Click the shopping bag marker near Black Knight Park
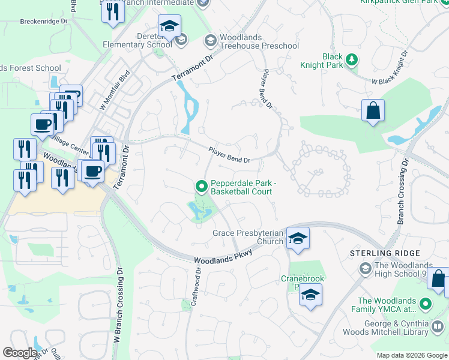[373, 111]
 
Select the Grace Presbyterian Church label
[247, 237]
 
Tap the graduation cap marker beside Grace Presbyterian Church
[297, 239]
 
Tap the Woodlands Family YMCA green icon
[426, 305]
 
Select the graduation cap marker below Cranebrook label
[310, 295]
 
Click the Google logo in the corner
[19, 353]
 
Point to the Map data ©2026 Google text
[412, 355]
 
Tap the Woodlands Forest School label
[30, 68]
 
